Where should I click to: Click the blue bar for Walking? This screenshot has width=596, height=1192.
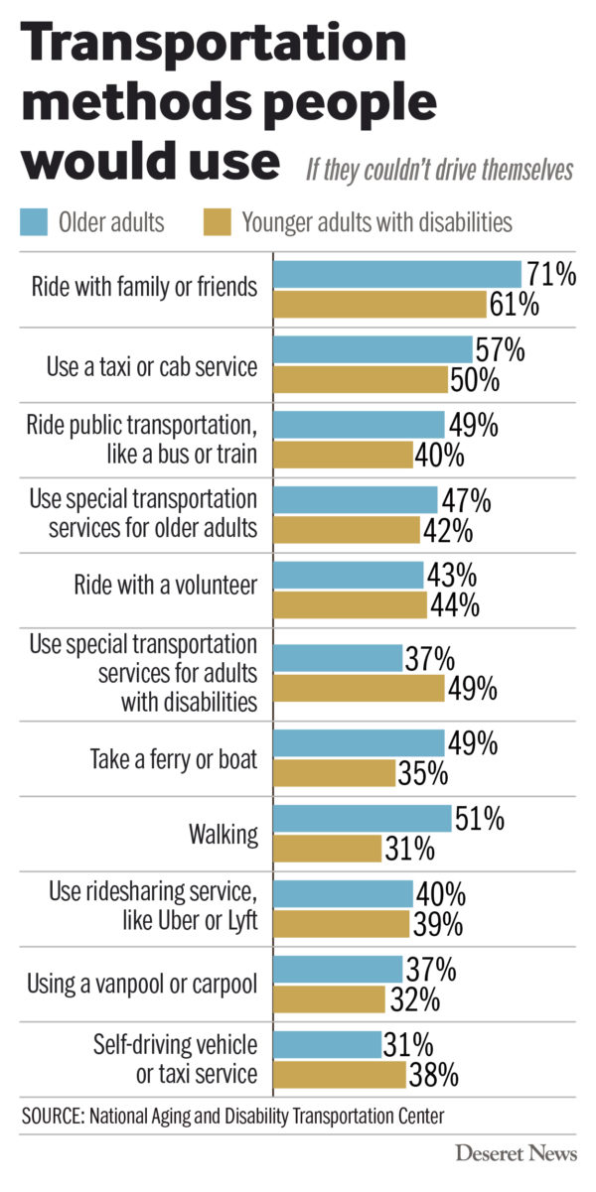(362, 819)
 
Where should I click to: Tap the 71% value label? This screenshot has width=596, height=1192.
(551, 274)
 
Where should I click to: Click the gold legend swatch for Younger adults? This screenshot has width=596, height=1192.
(217, 220)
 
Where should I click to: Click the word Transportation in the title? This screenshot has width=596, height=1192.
(214, 45)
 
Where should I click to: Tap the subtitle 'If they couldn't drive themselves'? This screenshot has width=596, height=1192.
(438, 170)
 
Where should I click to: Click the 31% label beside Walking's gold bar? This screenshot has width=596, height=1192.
(409, 850)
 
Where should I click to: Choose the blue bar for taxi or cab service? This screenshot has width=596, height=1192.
(372, 349)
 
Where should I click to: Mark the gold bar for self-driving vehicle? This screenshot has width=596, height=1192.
(339, 1074)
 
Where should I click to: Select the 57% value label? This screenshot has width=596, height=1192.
(502, 349)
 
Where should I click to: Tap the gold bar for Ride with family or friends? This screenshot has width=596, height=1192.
(378, 304)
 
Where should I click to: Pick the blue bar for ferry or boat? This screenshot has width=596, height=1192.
(359, 743)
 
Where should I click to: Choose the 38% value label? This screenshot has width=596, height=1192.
(432, 1074)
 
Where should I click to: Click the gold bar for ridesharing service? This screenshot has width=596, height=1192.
(341, 924)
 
